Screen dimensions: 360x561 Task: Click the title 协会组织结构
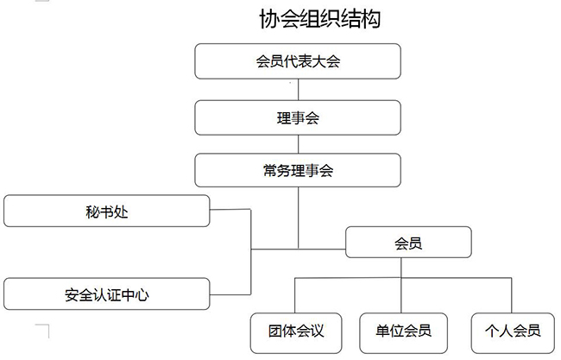[319, 19]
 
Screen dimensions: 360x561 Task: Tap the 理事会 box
[298, 117]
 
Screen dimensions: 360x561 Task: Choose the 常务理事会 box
[298, 171]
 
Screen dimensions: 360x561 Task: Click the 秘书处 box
[107, 211]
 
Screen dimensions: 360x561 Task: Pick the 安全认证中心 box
[107, 294]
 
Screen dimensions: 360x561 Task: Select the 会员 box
[408, 243]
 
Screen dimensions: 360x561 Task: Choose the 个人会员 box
[512, 330]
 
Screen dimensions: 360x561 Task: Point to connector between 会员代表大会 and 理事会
[298, 90]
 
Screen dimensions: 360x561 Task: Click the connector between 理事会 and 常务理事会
[298, 143]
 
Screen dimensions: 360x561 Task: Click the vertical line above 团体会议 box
[295, 296]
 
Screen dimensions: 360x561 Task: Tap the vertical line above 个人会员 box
[512, 296]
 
